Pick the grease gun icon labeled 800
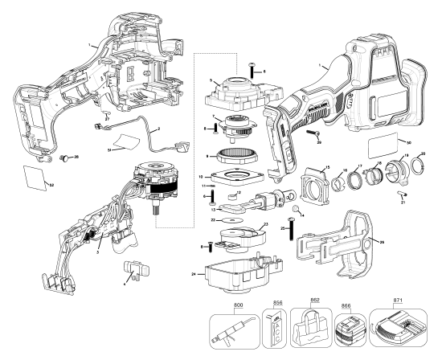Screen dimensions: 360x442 (x=239, y=329)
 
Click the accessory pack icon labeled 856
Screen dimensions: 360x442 (x=278, y=329)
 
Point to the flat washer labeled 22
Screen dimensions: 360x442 (x=231, y=218)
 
